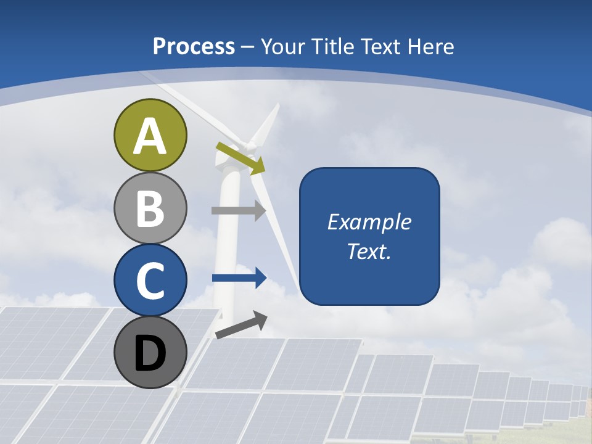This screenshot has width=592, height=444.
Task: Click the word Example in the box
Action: tap(369, 222)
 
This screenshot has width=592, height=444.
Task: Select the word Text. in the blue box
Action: tap(369, 251)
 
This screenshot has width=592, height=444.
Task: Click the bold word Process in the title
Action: tap(194, 46)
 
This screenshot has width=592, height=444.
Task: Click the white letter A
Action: tap(150, 136)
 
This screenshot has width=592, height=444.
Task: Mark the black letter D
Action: tap(150, 354)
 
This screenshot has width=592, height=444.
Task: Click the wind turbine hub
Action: tap(250, 147)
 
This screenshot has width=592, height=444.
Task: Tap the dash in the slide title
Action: tap(248, 47)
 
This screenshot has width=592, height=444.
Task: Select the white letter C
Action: tap(150, 281)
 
